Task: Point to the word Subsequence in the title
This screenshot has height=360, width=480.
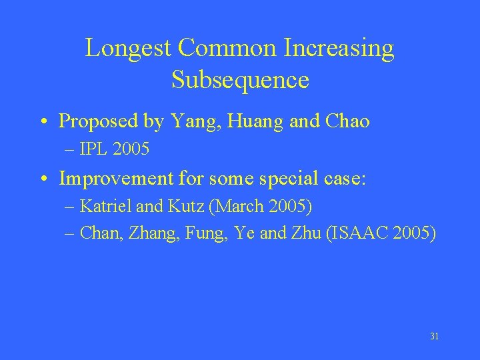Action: coord(240,80)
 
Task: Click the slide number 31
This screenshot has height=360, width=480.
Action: coord(434,337)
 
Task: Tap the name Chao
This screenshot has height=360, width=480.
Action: coord(346,121)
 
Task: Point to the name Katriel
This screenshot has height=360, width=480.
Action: coord(106,206)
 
